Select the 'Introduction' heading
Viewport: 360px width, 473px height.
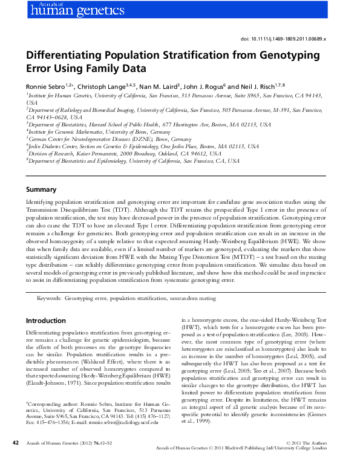tap(46, 320)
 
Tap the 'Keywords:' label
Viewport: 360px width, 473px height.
tap(49, 298)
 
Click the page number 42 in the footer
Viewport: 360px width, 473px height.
tap(16, 460)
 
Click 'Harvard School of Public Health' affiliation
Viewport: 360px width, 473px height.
tap(131, 123)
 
